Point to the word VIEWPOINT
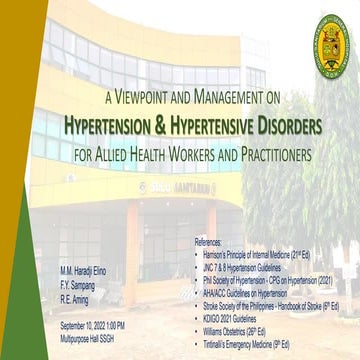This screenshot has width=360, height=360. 151,99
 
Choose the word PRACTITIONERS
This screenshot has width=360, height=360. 265,155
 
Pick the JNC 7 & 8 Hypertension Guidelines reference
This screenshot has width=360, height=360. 251,266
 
